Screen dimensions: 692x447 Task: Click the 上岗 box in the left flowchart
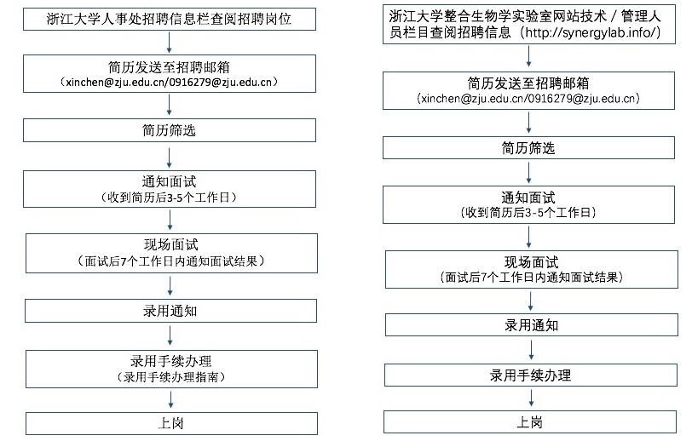[171, 423]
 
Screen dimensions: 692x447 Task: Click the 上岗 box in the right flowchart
[530, 421]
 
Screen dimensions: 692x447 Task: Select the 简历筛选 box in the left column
[170, 130]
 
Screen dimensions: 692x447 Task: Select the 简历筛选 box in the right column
[528, 147]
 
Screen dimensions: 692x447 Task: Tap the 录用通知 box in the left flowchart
[170, 311]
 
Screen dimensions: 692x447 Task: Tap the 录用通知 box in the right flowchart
[532, 325]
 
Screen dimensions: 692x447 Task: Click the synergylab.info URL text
[591, 32]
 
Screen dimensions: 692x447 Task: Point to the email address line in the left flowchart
[169, 82]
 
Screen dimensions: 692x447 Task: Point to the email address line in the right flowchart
[528, 98]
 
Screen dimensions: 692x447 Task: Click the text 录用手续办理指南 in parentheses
[171, 377]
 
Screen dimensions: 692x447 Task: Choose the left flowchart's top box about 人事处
[170, 19]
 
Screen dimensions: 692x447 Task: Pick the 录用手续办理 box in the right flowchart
[530, 375]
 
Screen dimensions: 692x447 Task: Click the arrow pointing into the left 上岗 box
[171, 399]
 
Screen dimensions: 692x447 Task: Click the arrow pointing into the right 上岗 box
[532, 398]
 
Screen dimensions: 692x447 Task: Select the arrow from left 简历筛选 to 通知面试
[170, 157]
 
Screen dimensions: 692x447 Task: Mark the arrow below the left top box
[169, 43]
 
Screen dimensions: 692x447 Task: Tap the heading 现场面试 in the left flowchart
[170, 245]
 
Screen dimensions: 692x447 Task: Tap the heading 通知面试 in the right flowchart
[528, 198]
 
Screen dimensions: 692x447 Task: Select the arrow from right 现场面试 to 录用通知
[531, 301]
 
